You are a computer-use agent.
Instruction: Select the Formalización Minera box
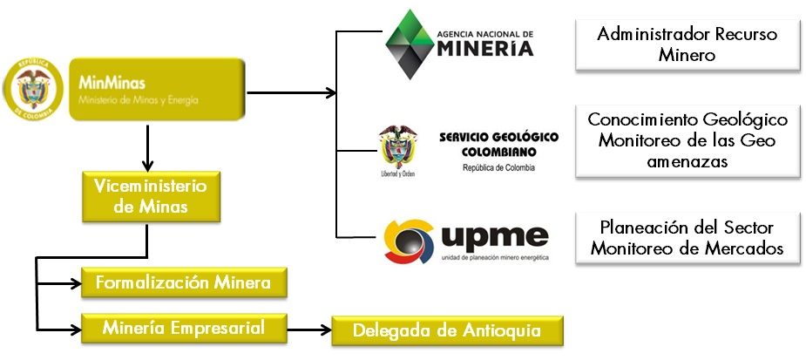183,282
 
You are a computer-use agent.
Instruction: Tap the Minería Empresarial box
183,328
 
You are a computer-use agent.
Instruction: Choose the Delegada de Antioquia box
447,330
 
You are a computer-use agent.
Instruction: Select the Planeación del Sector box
687,237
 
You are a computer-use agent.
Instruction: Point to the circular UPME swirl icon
411,241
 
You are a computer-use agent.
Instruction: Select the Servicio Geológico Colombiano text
498,144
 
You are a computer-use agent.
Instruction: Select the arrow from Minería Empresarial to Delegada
309,329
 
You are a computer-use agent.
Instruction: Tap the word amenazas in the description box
687,161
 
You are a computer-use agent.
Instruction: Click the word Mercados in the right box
747,248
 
